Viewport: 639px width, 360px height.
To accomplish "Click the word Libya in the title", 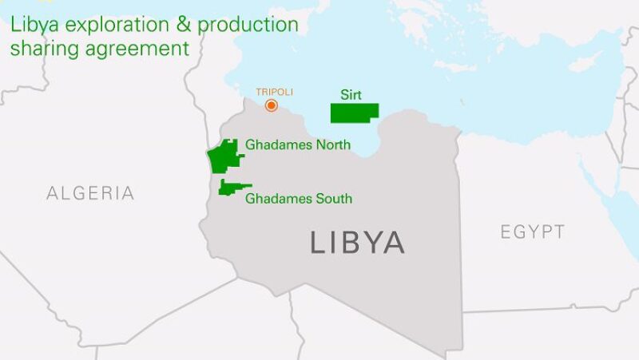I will pyautogui.click(x=32, y=25).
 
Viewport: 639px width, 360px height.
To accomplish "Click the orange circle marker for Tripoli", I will pyautogui.click(x=272, y=105).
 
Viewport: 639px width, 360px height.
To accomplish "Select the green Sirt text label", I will pyautogui.click(x=351, y=94).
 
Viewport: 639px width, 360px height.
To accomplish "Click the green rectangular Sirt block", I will pyautogui.click(x=355, y=113).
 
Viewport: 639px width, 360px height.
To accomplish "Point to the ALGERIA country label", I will pyautogui.click(x=90, y=193).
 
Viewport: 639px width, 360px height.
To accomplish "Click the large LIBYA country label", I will pyautogui.click(x=357, y=243).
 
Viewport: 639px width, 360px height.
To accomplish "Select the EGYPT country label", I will pyautogui.click(x=533, y=232).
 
